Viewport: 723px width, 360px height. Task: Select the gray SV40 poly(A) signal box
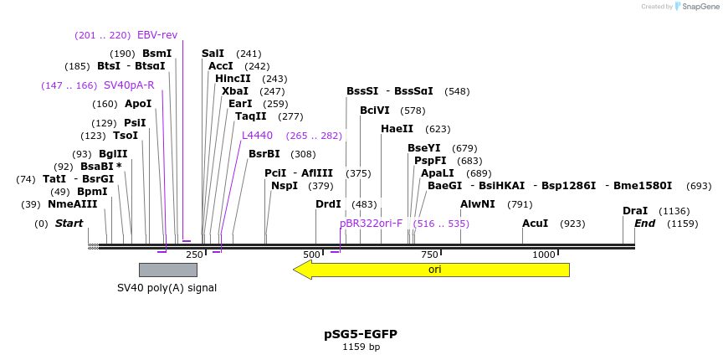click(167, 270)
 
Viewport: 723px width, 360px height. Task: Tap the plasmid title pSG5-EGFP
click(361, 334)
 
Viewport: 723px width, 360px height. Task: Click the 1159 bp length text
click(361, 347)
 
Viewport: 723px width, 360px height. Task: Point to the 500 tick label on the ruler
click(311, 255)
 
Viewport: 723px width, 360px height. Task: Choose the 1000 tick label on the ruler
click(544, 255)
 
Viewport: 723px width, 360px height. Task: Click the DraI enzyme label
click(635, 211)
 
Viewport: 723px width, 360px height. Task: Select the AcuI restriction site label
click(535, 224)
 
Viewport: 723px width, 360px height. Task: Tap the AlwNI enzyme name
click(478, 204)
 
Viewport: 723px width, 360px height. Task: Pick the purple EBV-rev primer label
click(157, 35)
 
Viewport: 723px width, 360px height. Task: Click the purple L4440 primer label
click(257, 136)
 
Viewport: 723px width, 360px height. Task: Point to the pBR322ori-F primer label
click(371, 224)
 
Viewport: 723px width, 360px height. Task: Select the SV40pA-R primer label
click(129, 85)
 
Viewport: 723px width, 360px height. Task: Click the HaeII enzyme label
click(397, 129)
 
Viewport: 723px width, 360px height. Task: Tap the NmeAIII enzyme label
click(73, 204)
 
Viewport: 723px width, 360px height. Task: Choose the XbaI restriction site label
click(235, 91)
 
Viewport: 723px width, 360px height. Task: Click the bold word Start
click(69, 224)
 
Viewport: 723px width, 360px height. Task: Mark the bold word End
click(644, 224)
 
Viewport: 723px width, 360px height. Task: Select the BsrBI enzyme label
click(264, 154)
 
